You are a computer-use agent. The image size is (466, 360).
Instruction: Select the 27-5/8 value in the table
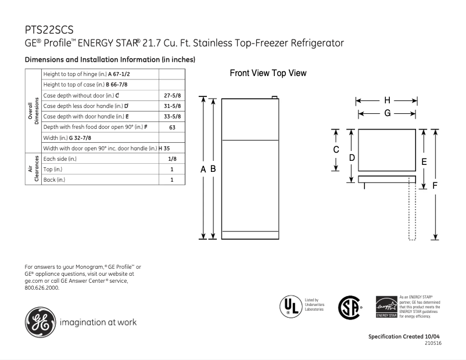point(171,95)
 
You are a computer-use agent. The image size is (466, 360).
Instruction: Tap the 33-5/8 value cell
point(171,116)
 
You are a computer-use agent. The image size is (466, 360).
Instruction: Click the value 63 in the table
point(171,127)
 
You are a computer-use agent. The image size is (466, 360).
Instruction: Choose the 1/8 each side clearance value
point(171,158)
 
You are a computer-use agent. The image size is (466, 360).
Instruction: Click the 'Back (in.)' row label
point(58,180)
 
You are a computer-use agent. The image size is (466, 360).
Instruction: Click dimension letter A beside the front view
point(203,169)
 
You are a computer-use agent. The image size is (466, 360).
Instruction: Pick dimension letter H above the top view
point(386,100)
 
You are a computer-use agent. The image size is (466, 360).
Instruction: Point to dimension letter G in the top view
point(386,113)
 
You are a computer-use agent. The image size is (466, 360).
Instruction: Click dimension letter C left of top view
point(335,150)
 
